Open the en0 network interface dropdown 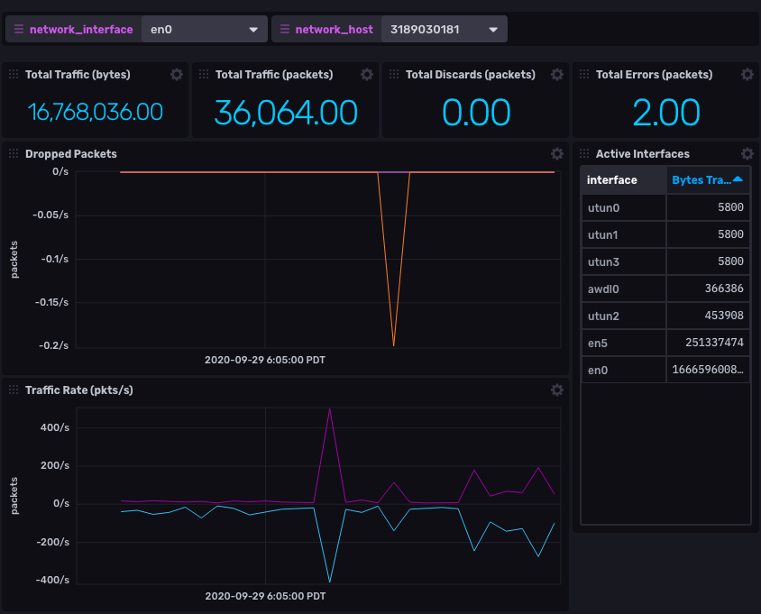click(x=204, y=29)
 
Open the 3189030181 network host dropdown click(x=444, y=29)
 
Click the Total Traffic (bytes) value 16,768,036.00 click(x=96, y=113)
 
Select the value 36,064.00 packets click(x=286, y=113)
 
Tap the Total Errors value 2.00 click(x=666, y=113)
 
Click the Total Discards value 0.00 click(x=476, y=113)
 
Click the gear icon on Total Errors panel click(x=747, y=75)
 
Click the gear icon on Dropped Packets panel click(x=557, y=154)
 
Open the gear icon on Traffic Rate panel click(x=557, y=389)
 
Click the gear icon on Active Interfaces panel click(x=747, y=154)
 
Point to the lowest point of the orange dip click(x=393, y=345)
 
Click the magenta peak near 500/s click(x=330, y=408)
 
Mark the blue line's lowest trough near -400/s click(x=330, y=582)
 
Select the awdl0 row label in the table click(x=602, y=288)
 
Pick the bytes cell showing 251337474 click(x=708, y=343)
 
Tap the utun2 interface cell click(x=602, y=316)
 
